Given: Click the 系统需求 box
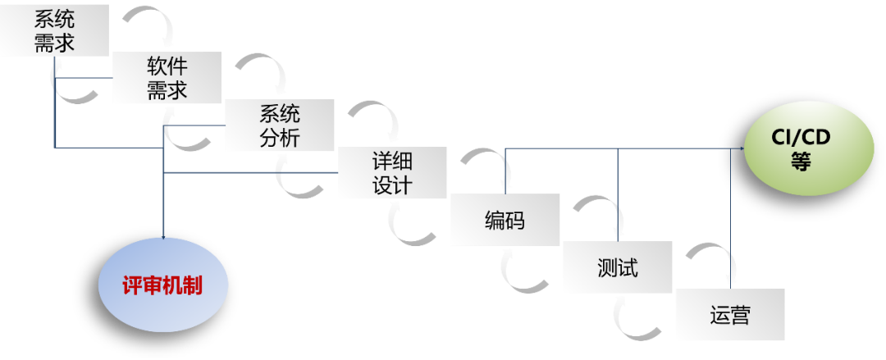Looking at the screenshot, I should point(54,31).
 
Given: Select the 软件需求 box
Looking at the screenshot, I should point(167,78).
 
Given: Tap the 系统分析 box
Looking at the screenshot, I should point(279,125).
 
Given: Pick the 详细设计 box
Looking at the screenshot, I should point(392,173).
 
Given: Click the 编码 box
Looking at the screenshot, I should point(505,220).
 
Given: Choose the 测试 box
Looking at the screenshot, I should point(617,267).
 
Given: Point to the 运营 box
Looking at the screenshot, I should point(729,315).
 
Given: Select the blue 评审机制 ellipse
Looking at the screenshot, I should point(163,285).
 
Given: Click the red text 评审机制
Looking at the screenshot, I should point(162,285).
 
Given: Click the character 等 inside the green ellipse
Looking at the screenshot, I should point(801,162).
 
